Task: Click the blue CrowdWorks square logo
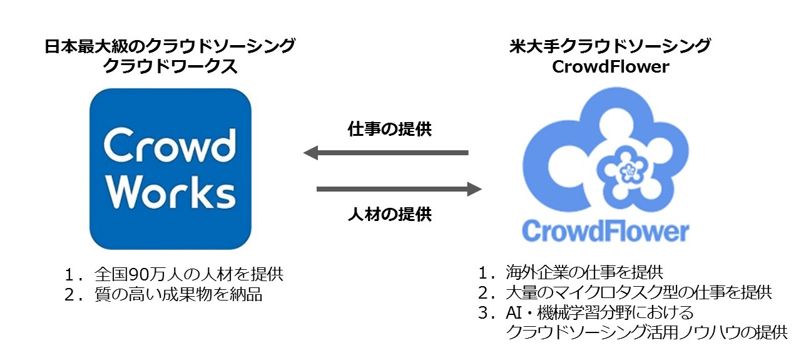pyautogui.click(x=170, y=169)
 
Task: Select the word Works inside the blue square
pyautogui.click(x=170, y=193)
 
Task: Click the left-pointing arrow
pyautogui.click(x=385, y=153)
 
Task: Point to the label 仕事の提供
pyautogui.click(x=389, y=130)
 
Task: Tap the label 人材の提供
pyautogui.click(x=389, y=214)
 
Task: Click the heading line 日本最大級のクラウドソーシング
pyautogui.click(x=170, y=46)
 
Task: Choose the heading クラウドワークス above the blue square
pyautogui.click(x=170, y=67)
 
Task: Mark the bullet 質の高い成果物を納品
pyautogui.click(x=179, y=294)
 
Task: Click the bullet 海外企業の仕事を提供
pyautogui.click(x=585, y=272)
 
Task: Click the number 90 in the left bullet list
pyautogui.click(x=136, y=274)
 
